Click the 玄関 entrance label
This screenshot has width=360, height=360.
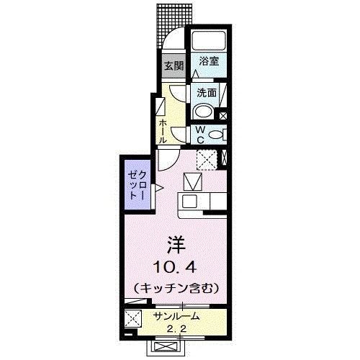[x=173, y=66]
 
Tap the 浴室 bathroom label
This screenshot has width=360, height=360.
[x=209, y=63]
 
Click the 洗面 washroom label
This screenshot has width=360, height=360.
[x=208, y=92]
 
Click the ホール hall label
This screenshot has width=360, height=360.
[x=164, y=130]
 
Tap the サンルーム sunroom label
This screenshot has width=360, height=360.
[x=176, y=316]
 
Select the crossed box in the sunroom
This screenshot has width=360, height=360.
[x=132, y=318]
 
